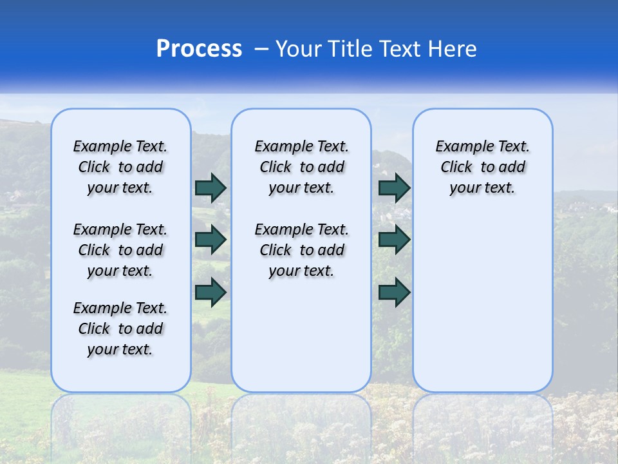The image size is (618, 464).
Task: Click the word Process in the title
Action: pos(199,49)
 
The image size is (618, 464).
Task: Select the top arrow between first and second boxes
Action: pos(211,188)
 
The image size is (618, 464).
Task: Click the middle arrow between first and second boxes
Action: pos(211,240)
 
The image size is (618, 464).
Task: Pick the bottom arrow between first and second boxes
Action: pos(211,292)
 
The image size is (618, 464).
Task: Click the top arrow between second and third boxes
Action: pos(394,188)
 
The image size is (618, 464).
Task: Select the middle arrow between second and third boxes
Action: pos(394,240)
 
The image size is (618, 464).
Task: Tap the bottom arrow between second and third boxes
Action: pos(394,292)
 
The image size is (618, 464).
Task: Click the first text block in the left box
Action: pos(120,167)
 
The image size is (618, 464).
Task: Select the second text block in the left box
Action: pos(120,250)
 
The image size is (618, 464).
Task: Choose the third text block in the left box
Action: pos(120,329)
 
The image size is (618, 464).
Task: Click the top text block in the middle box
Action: pos(301,167)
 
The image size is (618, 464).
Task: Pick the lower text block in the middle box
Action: pos(301,250)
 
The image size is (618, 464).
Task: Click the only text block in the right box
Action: pos(482,167)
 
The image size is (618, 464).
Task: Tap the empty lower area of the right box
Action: pos(482,296)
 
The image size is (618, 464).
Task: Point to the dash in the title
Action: pos(261,49)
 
